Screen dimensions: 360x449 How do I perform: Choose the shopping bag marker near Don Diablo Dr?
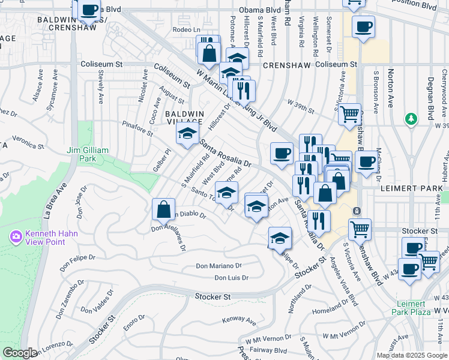pos(163,210)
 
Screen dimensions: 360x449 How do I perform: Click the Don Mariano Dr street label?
pos(219,266)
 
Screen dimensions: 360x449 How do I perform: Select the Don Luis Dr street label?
pos(231,277)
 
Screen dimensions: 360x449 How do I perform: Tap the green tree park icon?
pos(411,119)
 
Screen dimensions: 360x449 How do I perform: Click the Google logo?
pos(20,353)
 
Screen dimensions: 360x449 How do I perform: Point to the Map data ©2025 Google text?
pos(412,355)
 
